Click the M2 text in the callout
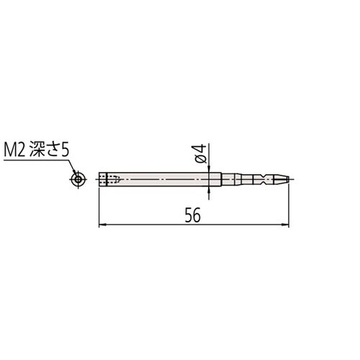14,150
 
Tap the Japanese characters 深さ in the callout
44,150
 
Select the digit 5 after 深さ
65,150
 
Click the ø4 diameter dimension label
200,153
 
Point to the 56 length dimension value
192,215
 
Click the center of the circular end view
78,179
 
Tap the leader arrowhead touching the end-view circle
75,174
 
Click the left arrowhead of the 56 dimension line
103,225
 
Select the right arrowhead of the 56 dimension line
286,225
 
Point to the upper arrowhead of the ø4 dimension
210,169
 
